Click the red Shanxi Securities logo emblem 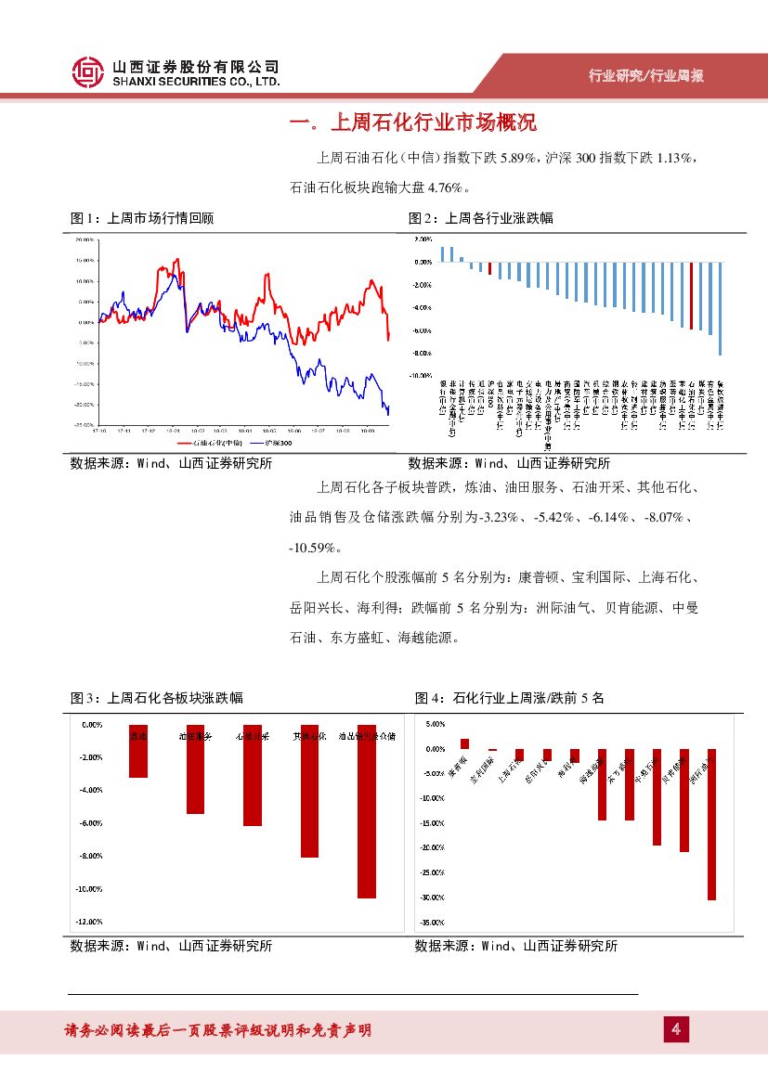88,72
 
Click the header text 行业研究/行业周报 646,76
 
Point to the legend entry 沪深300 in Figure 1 272,443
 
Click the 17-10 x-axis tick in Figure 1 99,431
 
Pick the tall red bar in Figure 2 691,295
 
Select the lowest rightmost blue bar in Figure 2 720,308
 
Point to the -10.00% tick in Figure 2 422,377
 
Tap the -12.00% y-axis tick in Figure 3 90,922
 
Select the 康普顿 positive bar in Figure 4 465,743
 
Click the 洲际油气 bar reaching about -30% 711,823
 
